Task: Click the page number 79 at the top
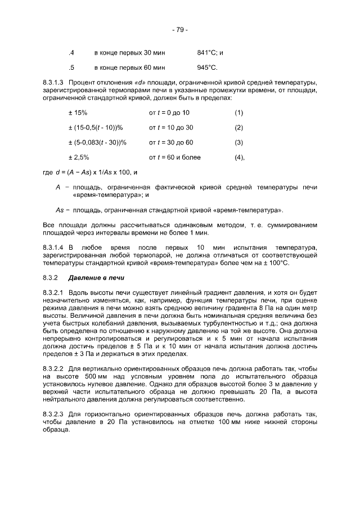point(180,29)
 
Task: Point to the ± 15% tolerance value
point(78,113)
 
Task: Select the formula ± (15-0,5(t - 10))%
point(96,128)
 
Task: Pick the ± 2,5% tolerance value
point(79,157)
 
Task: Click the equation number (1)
point(238,113)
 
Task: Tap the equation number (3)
point(238,142)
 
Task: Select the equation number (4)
point(239,157)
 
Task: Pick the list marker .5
point(71,68)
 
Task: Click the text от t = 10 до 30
point(171,128)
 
